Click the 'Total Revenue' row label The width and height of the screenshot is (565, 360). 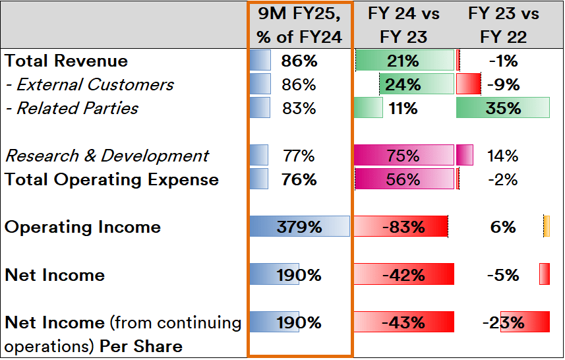(x=66, y=61)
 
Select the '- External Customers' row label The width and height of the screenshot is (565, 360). (x=90, y=85)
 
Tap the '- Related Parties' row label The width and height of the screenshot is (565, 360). (x=72, y=109)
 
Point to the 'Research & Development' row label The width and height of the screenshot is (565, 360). (x=107, y=156)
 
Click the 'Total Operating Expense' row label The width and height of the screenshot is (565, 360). (x=111, y=180)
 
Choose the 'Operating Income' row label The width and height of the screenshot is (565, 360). (x=82, y=227)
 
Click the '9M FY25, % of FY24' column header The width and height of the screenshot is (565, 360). (x=299, y=25)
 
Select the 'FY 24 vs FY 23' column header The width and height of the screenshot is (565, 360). (x=403, y=25)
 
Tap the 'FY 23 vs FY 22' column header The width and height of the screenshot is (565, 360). (x=503, y=25)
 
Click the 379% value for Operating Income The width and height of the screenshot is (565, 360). (x=300, y=227)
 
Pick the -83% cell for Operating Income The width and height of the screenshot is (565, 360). (x=403, y=227)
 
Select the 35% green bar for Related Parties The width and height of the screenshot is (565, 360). (x=503, y=109)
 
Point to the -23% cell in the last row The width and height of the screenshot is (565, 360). (x=504, y=322)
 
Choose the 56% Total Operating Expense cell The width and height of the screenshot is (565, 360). (x=403, y=180)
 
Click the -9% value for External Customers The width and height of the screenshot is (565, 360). (x=504, y=85)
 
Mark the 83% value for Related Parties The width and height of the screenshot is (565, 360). (x=299, y=109)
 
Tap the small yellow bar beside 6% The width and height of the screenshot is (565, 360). (x=546, y=227)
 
